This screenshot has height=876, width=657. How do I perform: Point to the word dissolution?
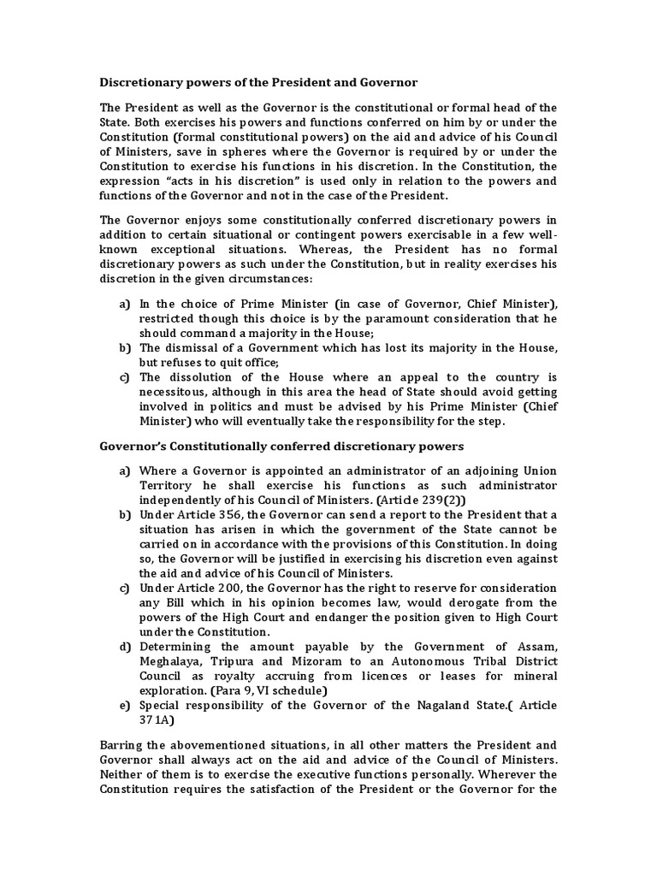(198, 376)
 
